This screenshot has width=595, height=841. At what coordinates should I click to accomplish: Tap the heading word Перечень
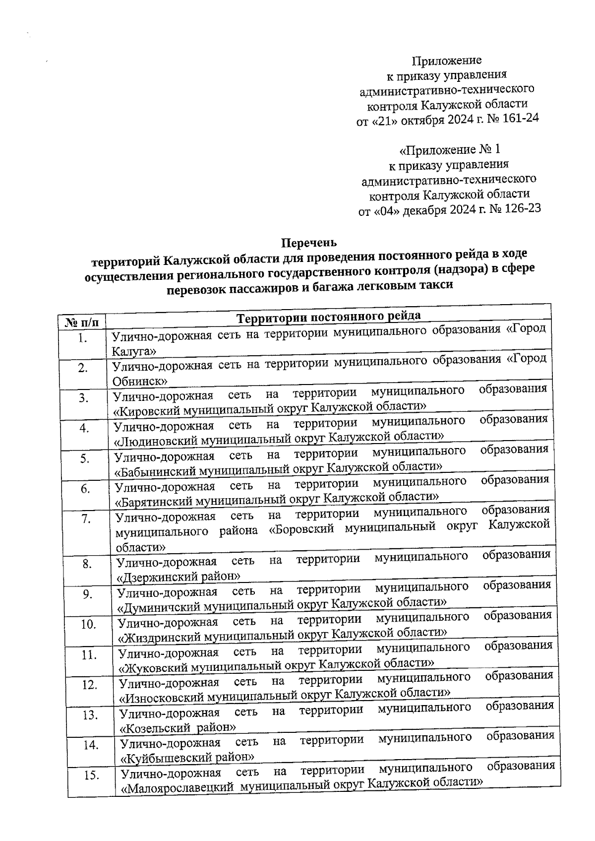pyautogui.click(x=309, y=243)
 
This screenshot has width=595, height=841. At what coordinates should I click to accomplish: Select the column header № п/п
pyautogui.click(x=82, y=322)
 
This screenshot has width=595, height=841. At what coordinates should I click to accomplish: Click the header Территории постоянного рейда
pyautogui.click(x=329, y=317)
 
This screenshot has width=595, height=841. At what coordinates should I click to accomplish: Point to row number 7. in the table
pyautogui.click(x=86, y=518)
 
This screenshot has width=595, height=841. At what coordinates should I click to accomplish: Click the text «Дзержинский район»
pyautogui.click(x=178, y=576)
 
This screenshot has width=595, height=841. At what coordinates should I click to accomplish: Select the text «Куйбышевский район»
pyautogui.click(x=188, y=758)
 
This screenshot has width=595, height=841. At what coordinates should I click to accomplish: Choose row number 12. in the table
pyautogui.click(x=89, y=685)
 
